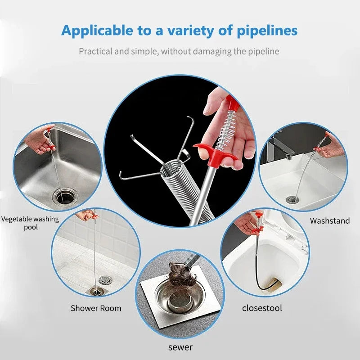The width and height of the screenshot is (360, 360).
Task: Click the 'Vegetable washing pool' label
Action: [x=30, y=223]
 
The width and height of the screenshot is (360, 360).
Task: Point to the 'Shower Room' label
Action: [x=96, y=308]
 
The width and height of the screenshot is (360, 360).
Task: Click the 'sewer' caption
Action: [x=180, y=347]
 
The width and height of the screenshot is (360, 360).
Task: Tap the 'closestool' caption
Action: [x=262, y=308]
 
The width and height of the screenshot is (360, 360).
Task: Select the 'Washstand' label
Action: [x=330, y=220]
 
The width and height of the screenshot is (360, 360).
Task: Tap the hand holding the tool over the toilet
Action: [x=246, y=223]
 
